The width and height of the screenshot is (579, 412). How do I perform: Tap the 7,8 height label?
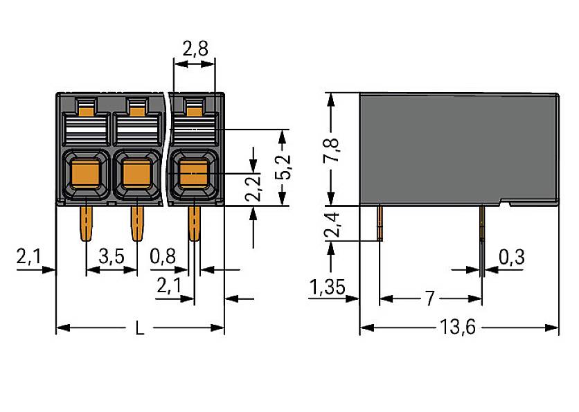332,150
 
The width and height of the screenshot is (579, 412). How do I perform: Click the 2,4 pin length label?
332,223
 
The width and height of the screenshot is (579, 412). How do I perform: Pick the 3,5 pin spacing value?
111,257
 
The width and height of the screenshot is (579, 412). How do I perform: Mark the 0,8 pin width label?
163,257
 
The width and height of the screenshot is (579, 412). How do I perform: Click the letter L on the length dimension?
140,328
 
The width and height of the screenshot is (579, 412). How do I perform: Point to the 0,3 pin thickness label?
511,257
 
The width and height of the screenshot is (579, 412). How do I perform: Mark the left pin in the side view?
380,222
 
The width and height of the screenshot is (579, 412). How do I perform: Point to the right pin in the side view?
481,222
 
